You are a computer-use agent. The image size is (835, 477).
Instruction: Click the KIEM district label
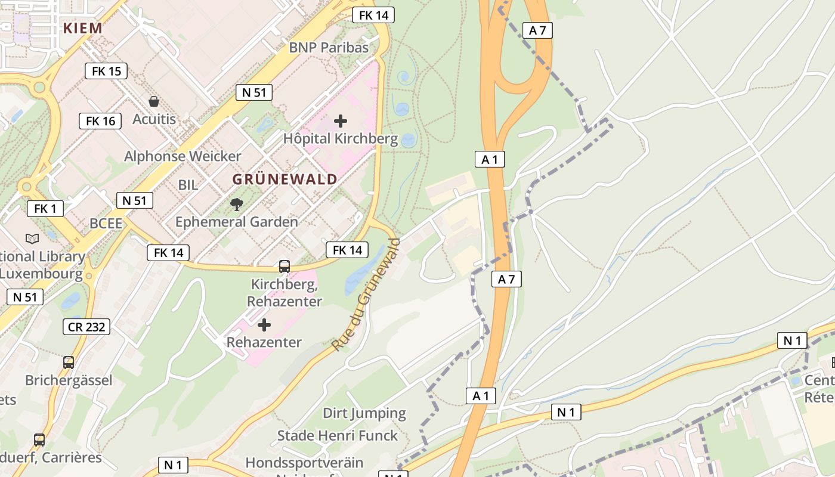(x=82, y=28)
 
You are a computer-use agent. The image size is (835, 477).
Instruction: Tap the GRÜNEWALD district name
(x=284, y=179)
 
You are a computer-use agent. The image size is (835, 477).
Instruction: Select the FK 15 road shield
(x=106, y=71)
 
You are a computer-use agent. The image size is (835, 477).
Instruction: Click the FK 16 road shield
(x=100, y=121)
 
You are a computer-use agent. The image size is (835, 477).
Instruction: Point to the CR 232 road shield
(x=86, y=327)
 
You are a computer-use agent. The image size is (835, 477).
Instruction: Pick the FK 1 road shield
(x=45, y=209)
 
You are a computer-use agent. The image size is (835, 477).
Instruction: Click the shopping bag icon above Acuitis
(x=154, y=101)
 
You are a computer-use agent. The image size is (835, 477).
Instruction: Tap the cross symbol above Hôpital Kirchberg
(x=341, y=121)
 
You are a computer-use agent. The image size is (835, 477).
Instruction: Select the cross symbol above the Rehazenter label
(x=264, y=325)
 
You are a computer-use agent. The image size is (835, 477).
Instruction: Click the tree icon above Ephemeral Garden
(x=237, y=205)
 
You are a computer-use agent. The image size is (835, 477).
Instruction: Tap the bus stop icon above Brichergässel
(x=69, y=362)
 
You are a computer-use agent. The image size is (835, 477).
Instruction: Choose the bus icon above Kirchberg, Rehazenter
(x=284, y=267)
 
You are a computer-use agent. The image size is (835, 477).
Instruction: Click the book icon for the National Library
(x=32, y=239)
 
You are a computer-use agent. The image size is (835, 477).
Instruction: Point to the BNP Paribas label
(x=329, y=48)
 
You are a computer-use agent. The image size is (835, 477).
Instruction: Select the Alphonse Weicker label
(x=183, y=156)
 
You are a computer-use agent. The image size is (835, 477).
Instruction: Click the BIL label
(x=188, y=185)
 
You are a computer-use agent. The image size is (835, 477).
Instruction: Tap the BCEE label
(x=106, y=224)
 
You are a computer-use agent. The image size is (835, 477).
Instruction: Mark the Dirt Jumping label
(x=364, y=413)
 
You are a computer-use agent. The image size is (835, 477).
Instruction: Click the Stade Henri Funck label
(x=337, y=436)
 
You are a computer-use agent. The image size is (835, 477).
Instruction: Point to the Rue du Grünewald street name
(x=366, y=295)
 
